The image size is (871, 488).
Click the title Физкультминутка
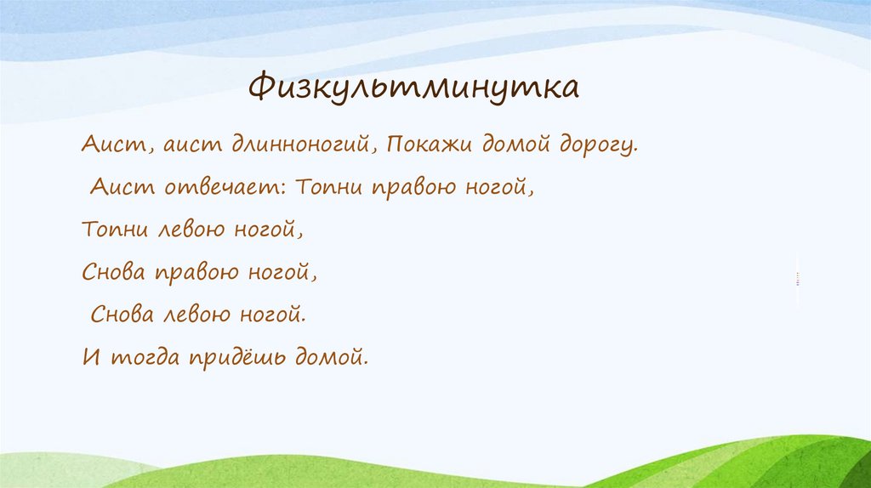414,88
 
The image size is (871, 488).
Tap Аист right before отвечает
122,187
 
